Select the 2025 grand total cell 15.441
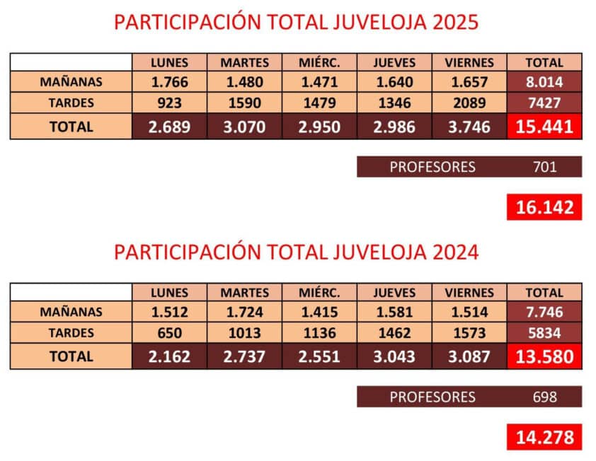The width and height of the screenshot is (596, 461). click(x=544, y=127)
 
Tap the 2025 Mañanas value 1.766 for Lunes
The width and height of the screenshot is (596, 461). click(x=169, y=82)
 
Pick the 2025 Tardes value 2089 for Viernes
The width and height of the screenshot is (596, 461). click(x=469, y=103)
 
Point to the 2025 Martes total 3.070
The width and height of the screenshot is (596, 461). click(x=244, y=127)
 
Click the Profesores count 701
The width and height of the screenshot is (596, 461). click(x=544, y=168)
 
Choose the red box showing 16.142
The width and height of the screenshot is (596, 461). click(x=544, y=208)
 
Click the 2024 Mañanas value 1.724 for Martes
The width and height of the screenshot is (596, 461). click(x=244, y=312)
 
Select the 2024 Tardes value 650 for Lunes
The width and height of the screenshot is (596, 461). click(x=169, y=333)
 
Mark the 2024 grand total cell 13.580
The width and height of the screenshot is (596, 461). click(x=544, y=357)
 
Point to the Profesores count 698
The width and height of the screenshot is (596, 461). click(x=544, y=397)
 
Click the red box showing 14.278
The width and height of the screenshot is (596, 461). click(x=544, y=437)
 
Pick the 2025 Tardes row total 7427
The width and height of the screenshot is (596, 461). click(x=544, y=103)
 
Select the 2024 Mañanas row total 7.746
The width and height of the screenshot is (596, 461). click(x=544, y=312)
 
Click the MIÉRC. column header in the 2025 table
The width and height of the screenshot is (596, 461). click(x=319, y=62)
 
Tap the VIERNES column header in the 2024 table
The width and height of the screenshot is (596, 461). click(x=469, y=292)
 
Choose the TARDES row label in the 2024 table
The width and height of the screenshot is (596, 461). click(x=71, y=333)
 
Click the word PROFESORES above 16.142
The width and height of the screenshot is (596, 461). click(x=432, y=168)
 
